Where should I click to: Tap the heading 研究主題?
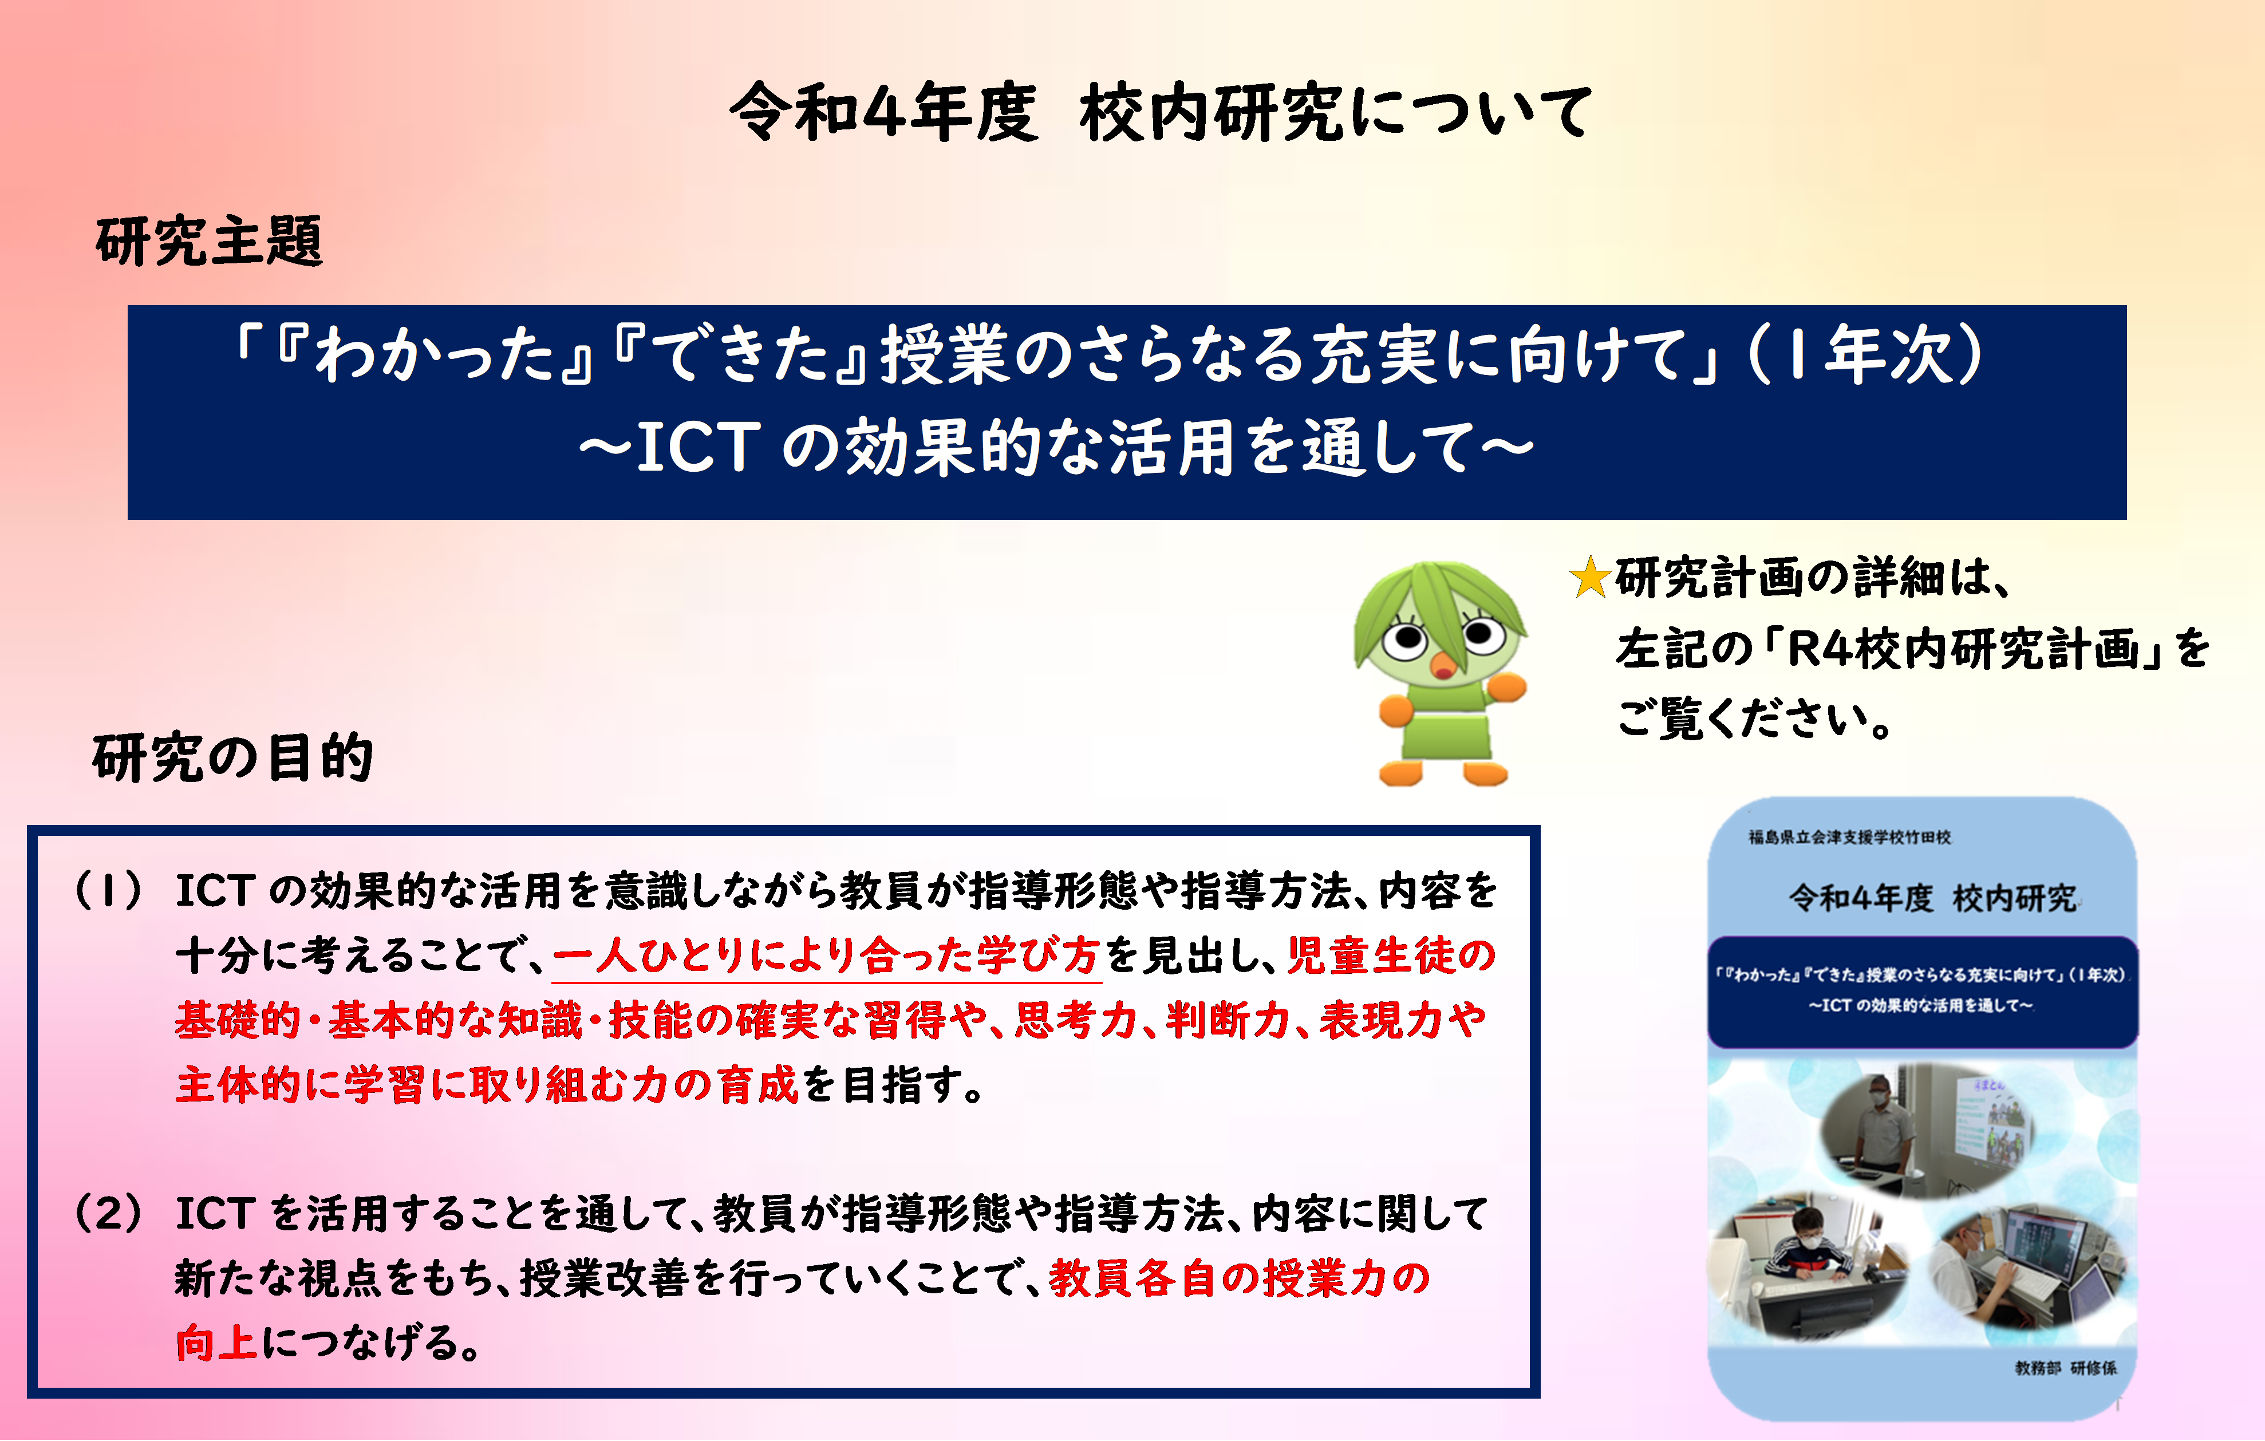tap(210, 242)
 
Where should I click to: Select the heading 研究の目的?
tap(233, 757)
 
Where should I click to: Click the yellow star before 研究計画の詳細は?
tap(1591, 578)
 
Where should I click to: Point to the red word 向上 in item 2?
tap(216, 1342)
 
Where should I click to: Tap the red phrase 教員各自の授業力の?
tap(1239, 1278)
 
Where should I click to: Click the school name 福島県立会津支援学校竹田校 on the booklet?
tap(1849, 837)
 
